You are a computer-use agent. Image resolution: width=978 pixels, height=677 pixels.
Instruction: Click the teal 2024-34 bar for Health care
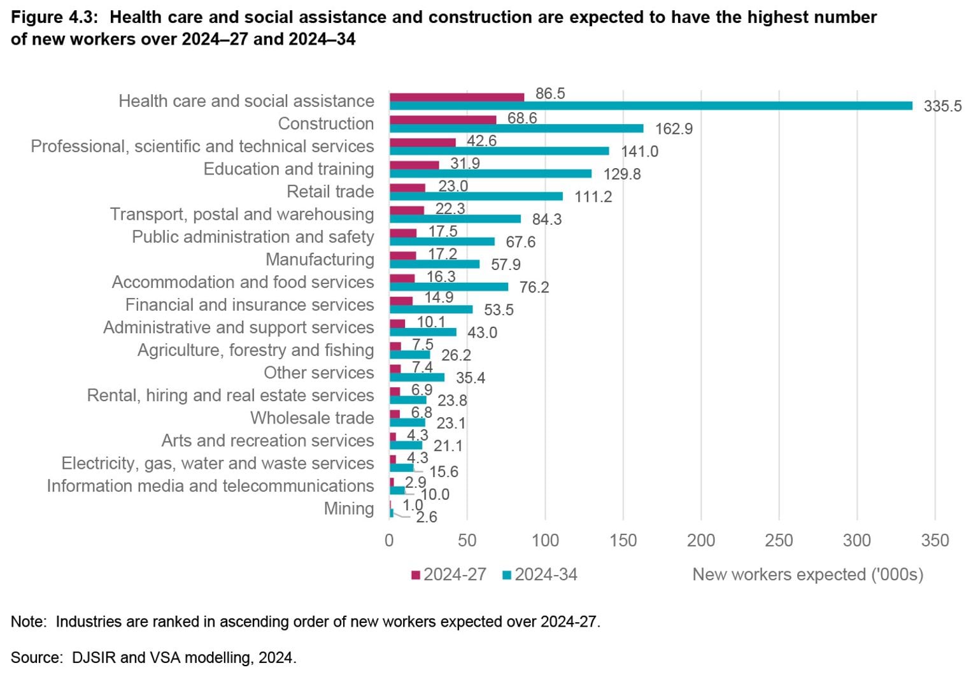649,106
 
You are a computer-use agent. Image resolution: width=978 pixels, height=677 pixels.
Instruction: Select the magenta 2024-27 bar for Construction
443,120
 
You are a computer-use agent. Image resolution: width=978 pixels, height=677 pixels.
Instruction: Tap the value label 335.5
942,106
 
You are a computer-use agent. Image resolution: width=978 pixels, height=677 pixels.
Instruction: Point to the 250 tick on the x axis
779,541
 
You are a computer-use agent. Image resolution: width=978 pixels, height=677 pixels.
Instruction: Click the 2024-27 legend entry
449,574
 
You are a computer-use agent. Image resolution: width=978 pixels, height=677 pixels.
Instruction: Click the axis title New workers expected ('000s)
807,574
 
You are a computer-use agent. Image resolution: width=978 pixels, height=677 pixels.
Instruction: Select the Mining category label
348,508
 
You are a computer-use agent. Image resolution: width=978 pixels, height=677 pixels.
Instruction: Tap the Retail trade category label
330,192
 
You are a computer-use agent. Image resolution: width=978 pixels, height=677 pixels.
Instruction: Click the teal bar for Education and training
490,174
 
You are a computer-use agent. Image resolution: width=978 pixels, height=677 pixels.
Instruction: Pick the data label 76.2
534,287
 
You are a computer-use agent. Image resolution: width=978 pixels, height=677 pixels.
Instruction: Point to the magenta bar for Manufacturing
402,255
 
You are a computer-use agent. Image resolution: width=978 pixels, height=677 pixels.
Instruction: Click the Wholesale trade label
312,418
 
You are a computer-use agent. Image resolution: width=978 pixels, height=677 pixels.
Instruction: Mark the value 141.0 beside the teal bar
639,152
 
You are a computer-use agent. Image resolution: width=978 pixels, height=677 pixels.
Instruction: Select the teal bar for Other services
416,378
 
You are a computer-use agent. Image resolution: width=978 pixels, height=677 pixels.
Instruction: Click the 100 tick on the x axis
545,541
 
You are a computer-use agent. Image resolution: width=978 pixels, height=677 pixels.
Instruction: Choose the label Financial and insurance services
249,305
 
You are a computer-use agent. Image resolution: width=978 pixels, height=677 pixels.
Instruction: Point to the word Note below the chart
27,622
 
